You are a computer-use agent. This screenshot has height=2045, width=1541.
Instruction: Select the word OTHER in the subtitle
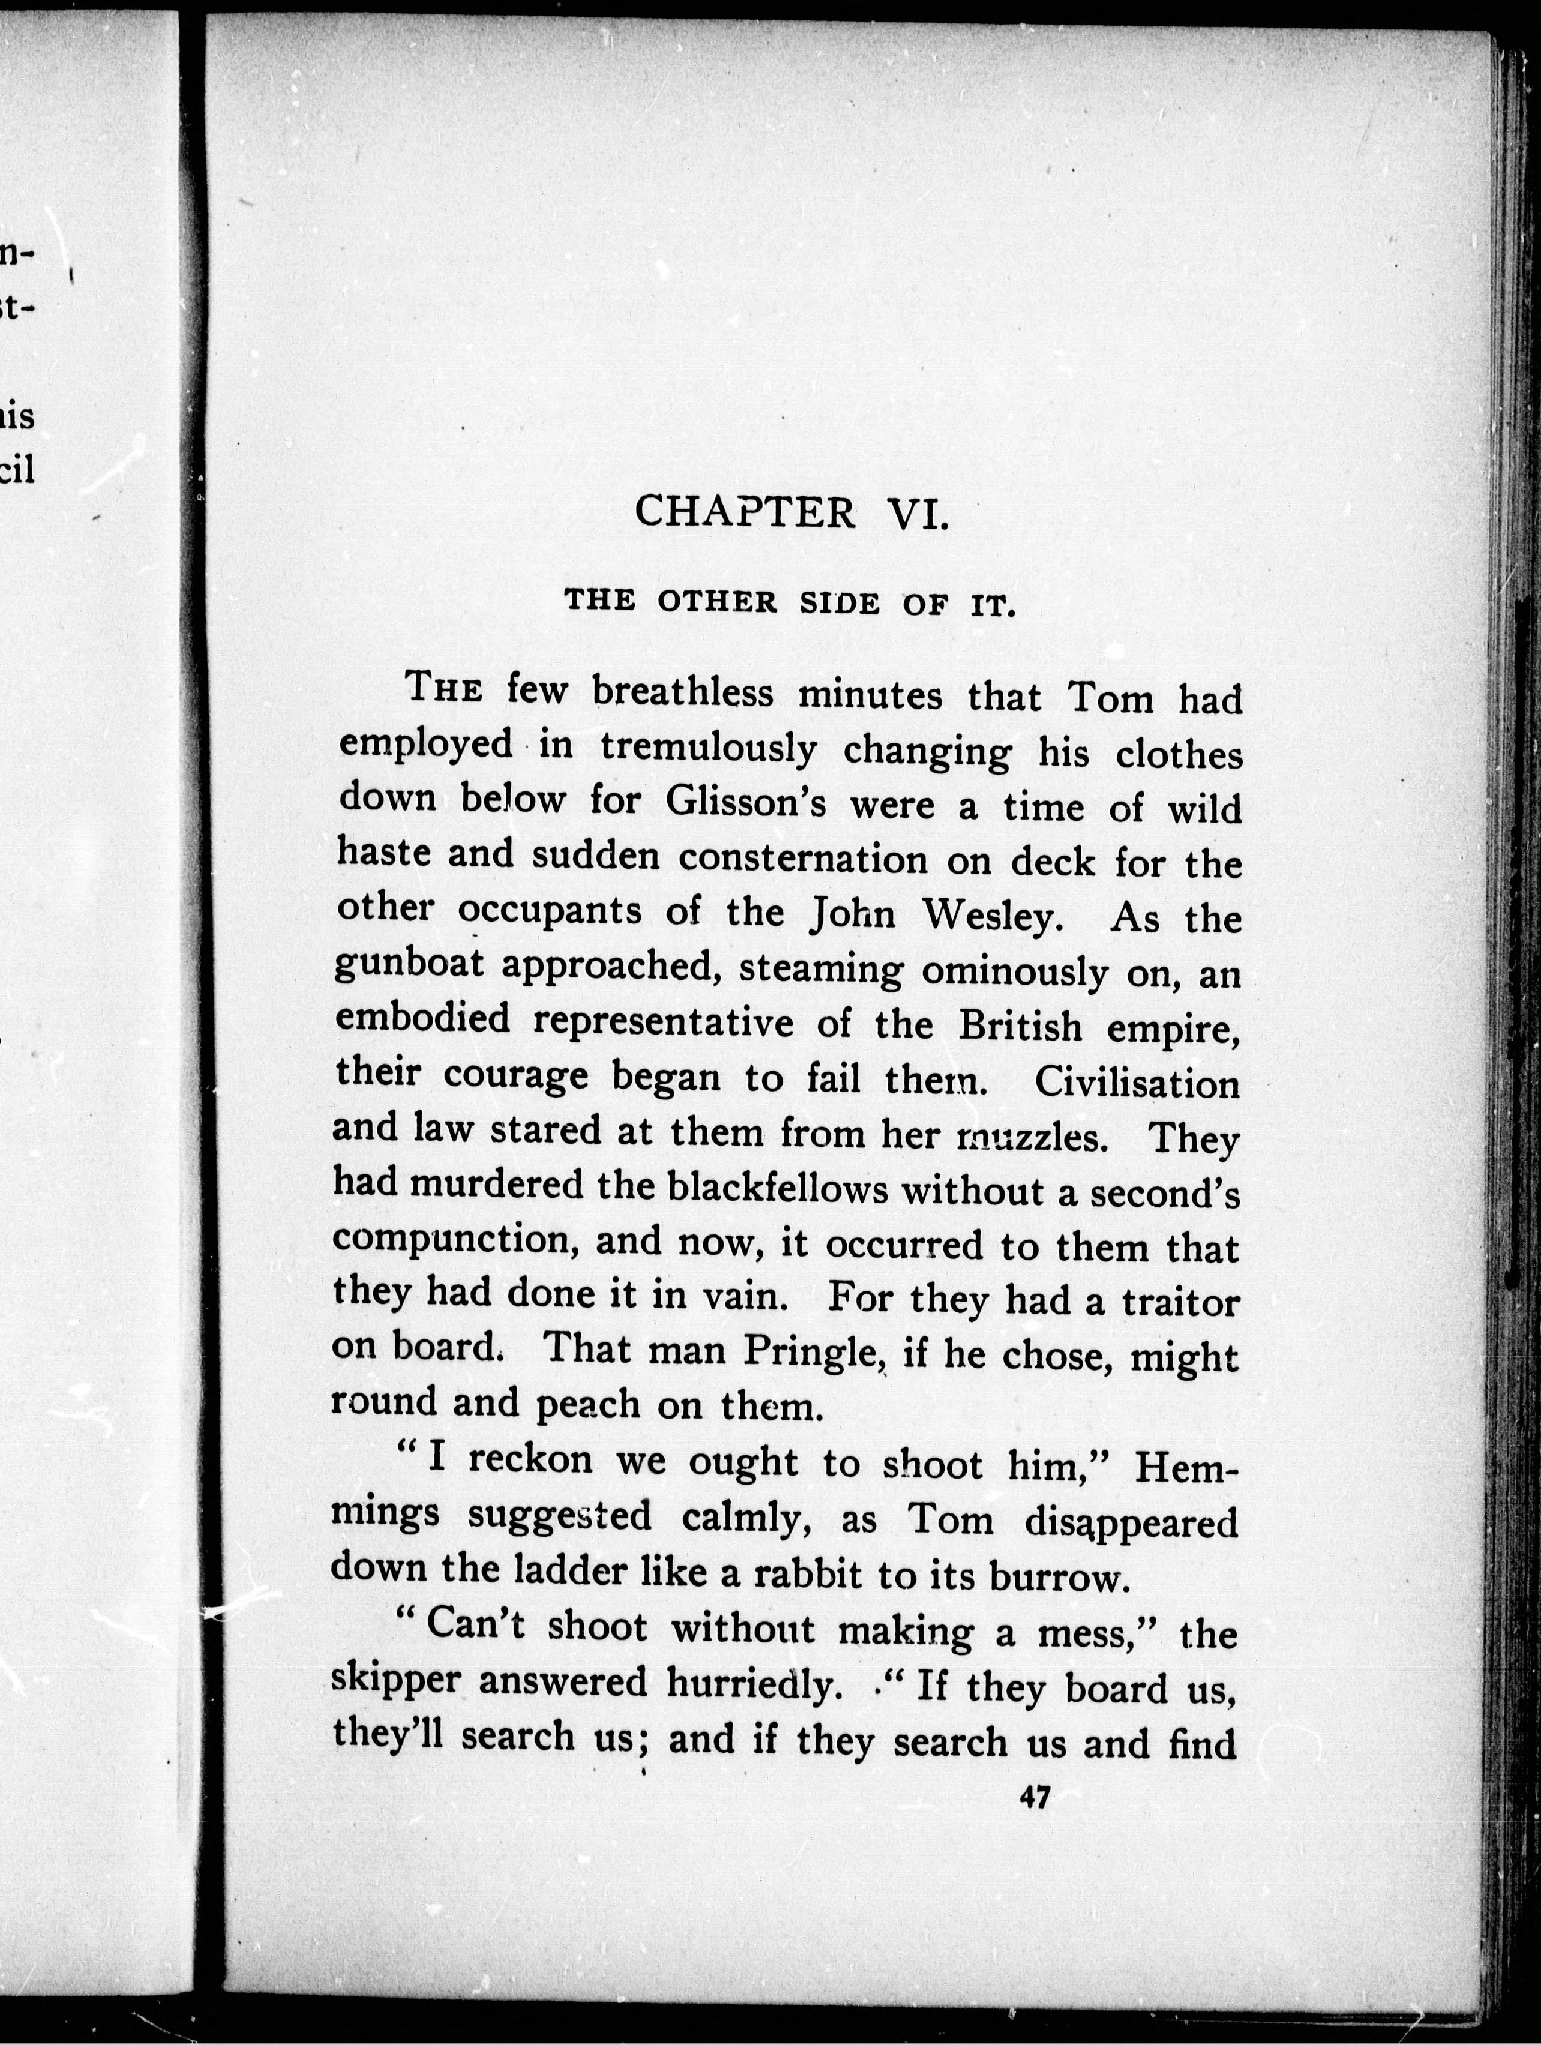pos(716,602)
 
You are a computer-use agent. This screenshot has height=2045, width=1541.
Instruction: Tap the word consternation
pos(802,858)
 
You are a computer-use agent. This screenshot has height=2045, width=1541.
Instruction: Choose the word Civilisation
pos(1137,1082)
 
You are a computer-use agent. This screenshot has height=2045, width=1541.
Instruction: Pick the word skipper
pos(395,1682)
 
